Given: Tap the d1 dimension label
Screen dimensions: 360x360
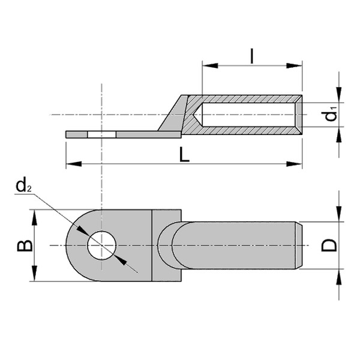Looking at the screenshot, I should click(332, 115).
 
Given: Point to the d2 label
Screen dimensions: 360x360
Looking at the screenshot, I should click(24, 187).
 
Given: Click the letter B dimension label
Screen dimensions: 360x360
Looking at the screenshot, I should click(23, 245).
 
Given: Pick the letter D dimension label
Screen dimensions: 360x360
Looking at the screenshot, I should click(329, 245).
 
